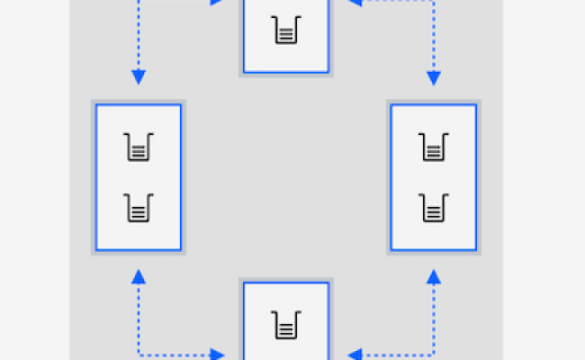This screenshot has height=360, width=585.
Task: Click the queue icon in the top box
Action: coord(285,31)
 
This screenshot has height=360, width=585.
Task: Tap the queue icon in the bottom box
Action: coord(285,323)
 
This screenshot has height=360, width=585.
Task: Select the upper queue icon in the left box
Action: coord(139,146)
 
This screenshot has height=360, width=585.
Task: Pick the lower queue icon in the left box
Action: coord(139,209)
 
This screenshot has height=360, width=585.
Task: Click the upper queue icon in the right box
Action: coord(433,146)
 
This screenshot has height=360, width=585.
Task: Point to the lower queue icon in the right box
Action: coord(433,209)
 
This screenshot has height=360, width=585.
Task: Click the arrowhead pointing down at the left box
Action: coord(139,78)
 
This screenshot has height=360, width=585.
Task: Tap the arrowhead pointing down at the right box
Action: coord(433,78)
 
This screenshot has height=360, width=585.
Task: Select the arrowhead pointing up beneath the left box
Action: coord(139,276)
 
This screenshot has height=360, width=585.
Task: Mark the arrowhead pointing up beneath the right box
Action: coord(433,276)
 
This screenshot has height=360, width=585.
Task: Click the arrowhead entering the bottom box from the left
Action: coord(218,355)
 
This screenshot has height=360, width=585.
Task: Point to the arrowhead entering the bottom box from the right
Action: coord(354,355)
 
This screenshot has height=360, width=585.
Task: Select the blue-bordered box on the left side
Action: coord(139,177)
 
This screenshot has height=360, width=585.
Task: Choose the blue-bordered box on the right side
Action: coord(433,177)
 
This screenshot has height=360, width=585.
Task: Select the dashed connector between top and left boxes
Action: coord(139,36)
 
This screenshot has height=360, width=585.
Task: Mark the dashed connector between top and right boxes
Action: coord(433,36)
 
